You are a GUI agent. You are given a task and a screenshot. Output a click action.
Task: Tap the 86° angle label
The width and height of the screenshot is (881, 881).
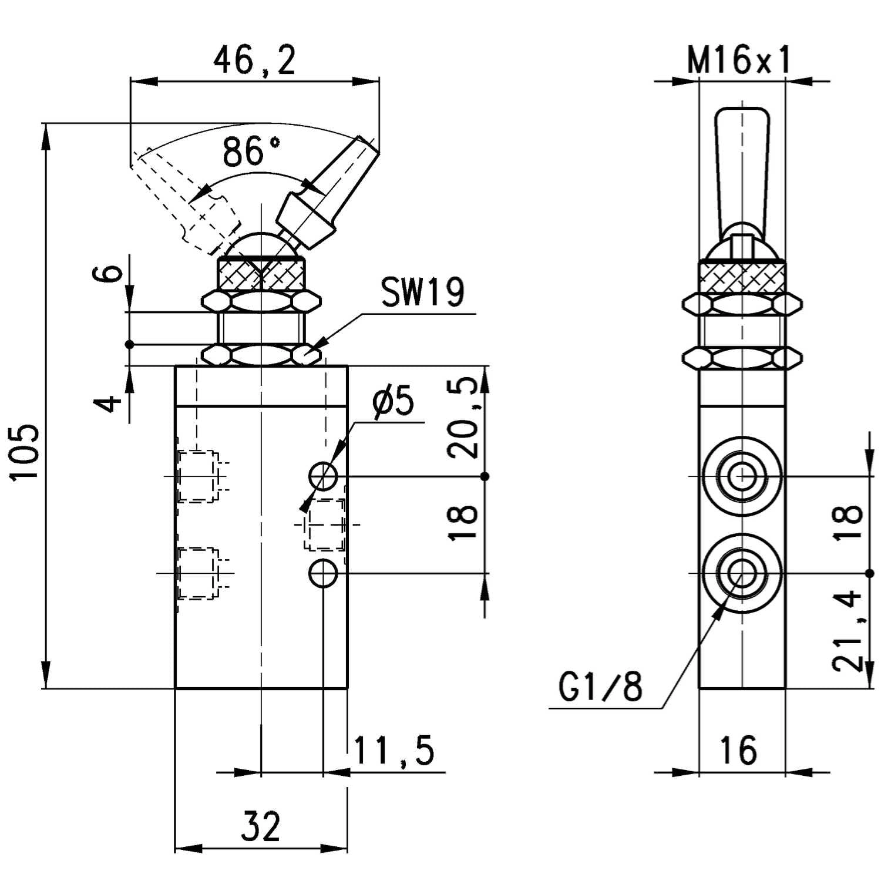pyautogui.click(x=252, y=152)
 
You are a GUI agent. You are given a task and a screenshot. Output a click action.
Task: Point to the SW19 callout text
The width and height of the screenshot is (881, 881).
pyautogui.click(x=422, y=292)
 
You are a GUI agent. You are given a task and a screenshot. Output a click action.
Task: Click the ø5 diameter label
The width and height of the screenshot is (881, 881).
pyautogui.click(x=393, y=402)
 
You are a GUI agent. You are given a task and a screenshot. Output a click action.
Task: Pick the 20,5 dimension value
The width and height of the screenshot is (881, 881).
pyautogui.click(x=463, y=418)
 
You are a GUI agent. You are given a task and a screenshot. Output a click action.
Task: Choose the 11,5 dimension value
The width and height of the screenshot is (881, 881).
pyautogui.click(x=394, y=750)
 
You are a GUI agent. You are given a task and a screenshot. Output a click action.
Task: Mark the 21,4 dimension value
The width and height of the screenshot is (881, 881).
pyautogui.click(x=847, y=631)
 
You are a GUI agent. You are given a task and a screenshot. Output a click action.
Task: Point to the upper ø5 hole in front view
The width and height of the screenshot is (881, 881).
pyautogui.click(x=323, y=476)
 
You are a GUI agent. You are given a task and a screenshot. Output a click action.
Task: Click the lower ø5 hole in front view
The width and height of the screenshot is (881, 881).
pyautogui.click(x=323, y=573)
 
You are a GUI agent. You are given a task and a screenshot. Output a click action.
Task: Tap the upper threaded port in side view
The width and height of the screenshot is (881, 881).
pyautogui.click(x=742, y=476)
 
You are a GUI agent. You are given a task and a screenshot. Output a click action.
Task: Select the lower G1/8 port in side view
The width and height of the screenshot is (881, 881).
pyautogui.click(x=742, y=573)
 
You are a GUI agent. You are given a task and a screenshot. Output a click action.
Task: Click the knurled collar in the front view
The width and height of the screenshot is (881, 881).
pyautogui.click(x=261, y=274)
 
